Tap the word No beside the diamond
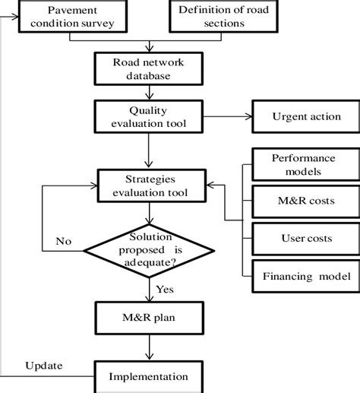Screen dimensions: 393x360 point(64,242)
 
